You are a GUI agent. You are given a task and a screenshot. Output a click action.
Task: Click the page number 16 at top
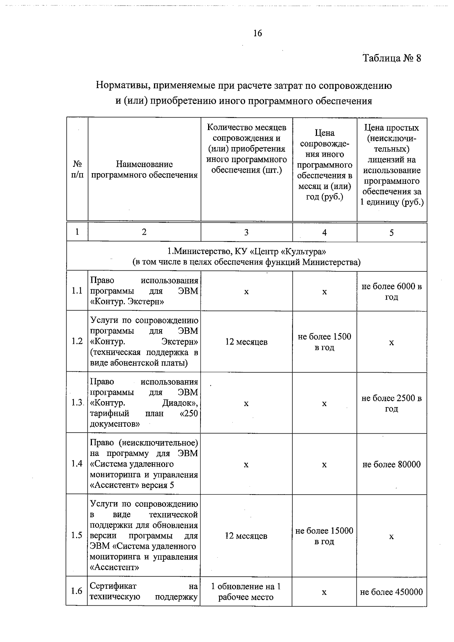coord(257,33)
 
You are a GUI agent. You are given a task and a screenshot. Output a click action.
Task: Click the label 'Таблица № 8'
coord(392,58)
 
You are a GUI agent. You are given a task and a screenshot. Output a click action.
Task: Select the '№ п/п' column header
coord(77,169)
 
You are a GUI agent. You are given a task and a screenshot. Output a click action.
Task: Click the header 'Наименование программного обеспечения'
coord(144,169)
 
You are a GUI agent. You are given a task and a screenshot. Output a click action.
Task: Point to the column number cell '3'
coord(246,232)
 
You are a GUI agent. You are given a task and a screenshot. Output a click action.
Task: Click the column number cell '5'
coord(392,233)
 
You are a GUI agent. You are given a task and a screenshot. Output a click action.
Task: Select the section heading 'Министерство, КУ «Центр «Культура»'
coord(247,251)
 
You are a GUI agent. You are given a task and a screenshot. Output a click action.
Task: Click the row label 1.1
coord(77,291)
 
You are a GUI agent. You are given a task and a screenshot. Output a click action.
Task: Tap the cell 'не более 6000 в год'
coord(392,292)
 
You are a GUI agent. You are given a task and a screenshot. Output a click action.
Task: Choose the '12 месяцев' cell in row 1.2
coord(246,342)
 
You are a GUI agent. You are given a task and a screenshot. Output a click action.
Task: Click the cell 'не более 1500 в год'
coord(324,342)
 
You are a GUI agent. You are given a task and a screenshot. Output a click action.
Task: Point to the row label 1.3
coord(77,403)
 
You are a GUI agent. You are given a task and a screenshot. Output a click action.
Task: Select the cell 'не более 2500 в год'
coord(392,403)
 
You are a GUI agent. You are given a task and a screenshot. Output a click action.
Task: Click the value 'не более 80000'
coord(392,464)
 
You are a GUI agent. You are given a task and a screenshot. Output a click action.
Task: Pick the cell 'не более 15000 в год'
coord(324,536)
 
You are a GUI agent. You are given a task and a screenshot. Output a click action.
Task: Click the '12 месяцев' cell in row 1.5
coord(246,536)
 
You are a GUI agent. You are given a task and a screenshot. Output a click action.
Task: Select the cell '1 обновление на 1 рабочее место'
coord(246,592)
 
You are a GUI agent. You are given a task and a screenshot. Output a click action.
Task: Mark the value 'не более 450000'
coord(392,592)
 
